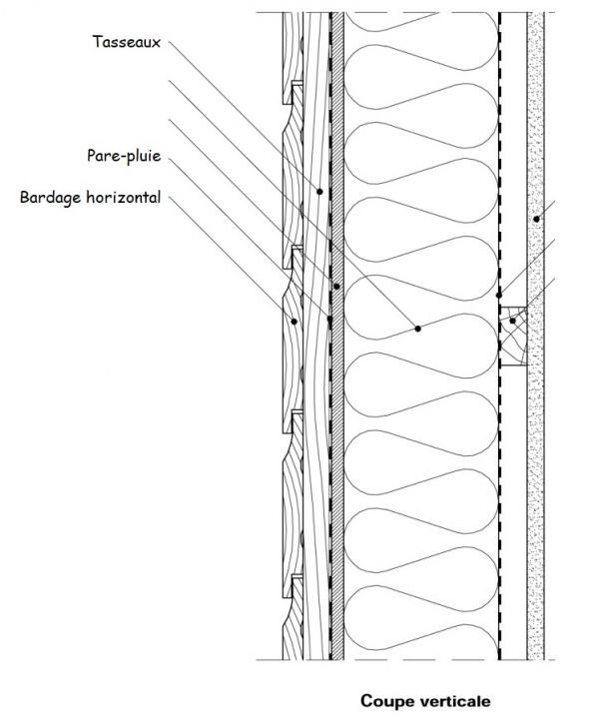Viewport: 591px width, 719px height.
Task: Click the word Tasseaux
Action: [127, 42]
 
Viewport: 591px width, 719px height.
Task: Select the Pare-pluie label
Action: [124, 156]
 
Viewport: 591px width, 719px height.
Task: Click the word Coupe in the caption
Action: [383, 701]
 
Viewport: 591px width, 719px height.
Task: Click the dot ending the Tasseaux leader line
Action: [319, 192]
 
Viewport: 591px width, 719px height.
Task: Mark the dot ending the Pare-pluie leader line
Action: [329, 319]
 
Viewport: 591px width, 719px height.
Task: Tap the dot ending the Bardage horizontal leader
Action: [294, 322]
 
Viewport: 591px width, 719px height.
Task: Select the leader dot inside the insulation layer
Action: [417, 329]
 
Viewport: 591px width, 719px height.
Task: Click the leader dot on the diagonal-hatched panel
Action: [337, 287]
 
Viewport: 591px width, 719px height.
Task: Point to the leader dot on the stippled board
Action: [536, 219]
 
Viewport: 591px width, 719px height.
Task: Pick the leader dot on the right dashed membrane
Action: [499, 296]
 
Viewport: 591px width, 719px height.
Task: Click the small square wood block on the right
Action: [513, 337]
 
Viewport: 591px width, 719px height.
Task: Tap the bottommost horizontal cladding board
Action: [293, 618]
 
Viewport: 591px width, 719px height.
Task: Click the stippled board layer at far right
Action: [535, 337]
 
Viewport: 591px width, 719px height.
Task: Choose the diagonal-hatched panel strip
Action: [337, 337]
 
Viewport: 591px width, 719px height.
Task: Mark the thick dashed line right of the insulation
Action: [499, 337]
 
